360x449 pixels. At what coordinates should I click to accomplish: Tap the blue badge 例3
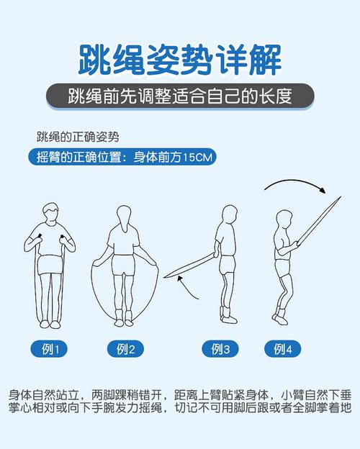(220, 350)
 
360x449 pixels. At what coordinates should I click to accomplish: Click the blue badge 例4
(283, 350)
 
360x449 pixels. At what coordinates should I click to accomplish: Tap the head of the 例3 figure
(230, 215)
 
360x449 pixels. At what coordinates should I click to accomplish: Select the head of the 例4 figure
(282, 221)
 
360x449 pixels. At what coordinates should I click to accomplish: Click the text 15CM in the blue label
(197, 156)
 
